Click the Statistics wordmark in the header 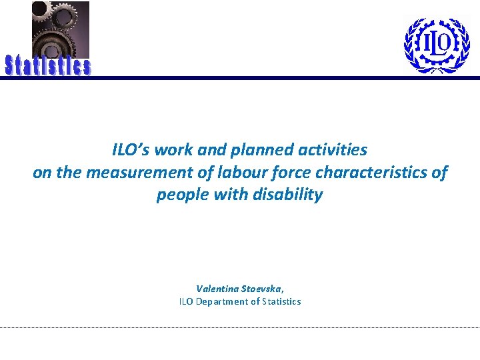(x=48, y=66)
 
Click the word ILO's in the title (x=131, y=150)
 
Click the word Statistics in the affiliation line (x=281, y=301)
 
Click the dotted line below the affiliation (x=240, y=327)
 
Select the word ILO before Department (x=187, y=301)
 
